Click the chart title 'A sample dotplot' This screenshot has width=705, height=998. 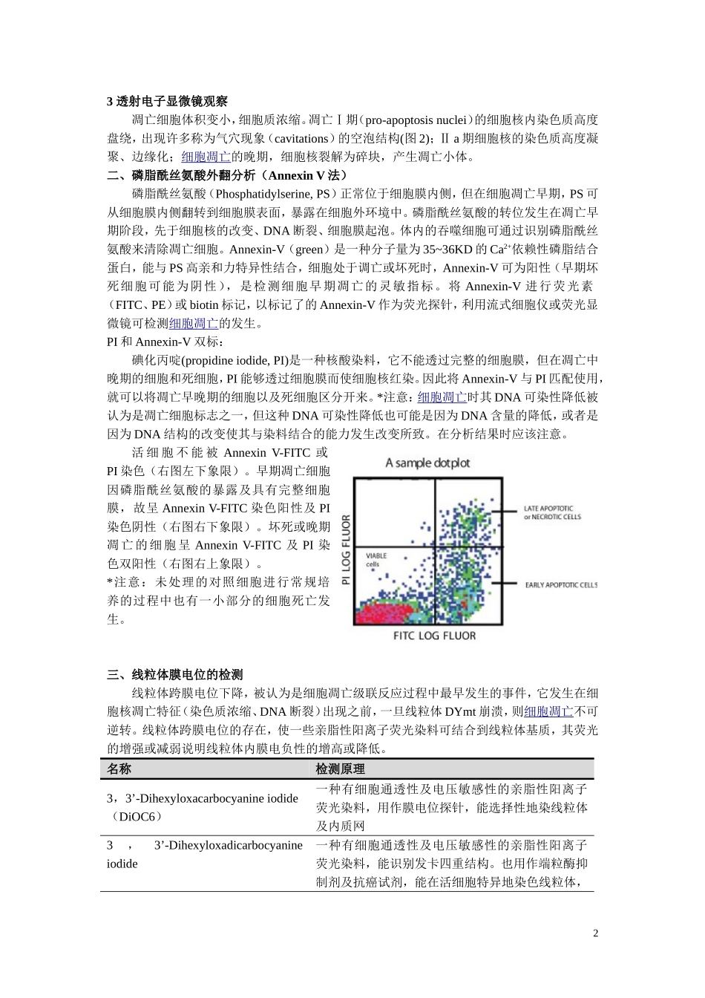coord(427,463)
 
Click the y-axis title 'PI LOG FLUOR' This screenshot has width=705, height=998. coord(346,543)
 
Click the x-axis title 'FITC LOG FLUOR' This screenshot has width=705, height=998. coord(434,636)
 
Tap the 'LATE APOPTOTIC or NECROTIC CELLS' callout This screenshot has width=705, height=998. coord(552,513)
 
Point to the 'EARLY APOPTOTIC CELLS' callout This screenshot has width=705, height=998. coord(560,585)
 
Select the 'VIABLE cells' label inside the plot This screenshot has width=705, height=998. coord(376,560)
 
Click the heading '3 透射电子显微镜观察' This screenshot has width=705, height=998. coord(167,102)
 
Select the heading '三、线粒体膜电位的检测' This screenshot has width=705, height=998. coord(174,674)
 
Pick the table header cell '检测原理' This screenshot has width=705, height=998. coord(340,769)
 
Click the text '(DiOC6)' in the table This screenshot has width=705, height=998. coord(134,817)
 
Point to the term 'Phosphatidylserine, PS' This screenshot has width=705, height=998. coord(272,194)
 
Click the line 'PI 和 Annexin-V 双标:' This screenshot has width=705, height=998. coord(165,342)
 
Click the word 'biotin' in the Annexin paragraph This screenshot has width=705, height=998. coord(203,304)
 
